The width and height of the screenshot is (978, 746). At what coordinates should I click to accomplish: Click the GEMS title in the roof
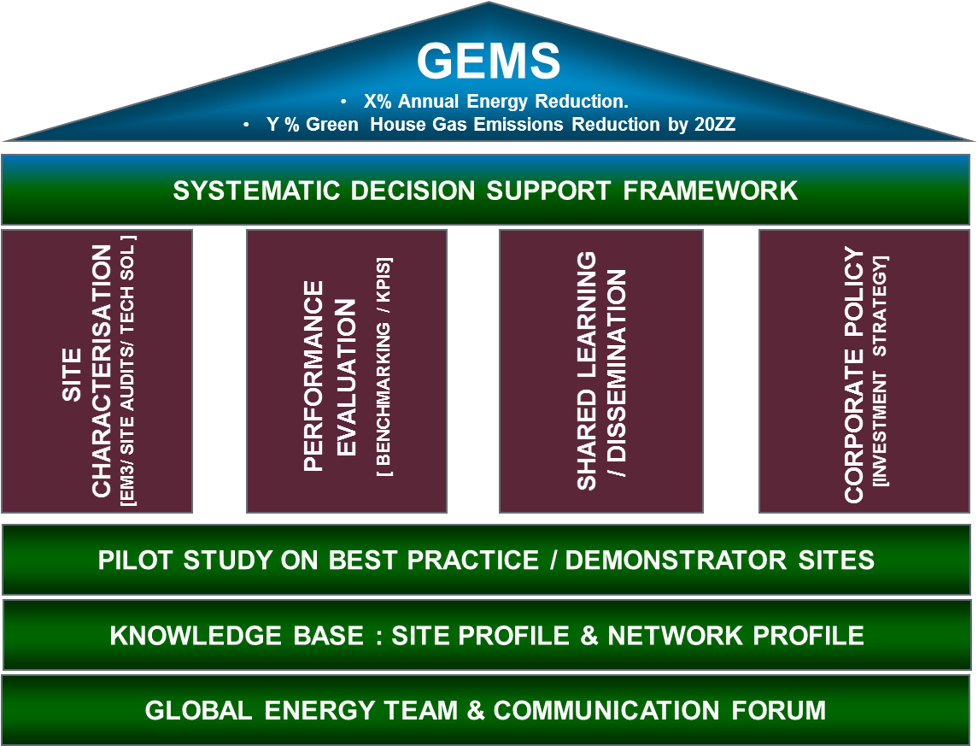tap(489, 62)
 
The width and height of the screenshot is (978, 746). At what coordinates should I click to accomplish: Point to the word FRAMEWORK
tap(711, 190)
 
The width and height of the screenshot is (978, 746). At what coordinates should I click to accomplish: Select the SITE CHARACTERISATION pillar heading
tap(88, 372)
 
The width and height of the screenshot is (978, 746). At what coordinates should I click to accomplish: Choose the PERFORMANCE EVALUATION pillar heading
tap(330, 376)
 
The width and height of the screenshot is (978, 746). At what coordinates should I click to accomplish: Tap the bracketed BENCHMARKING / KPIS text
tap(384, 367)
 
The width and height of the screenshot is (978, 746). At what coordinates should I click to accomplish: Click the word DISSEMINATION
tap(619, 376)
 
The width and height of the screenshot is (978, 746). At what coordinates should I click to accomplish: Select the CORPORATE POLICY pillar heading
tap(853, 375)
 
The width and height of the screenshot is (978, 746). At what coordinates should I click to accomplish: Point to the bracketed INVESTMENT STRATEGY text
tap(881, 371)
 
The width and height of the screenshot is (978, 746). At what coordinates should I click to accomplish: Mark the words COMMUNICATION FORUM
tap(659, 710)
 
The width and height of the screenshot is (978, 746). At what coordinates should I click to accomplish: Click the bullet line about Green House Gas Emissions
tap(501, 125)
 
